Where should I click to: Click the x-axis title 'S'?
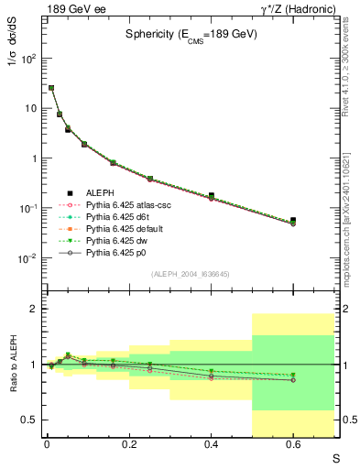336,455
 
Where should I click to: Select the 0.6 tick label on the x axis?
293,443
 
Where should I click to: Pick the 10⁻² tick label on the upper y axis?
29,258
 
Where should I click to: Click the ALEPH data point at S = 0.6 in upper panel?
293,221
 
